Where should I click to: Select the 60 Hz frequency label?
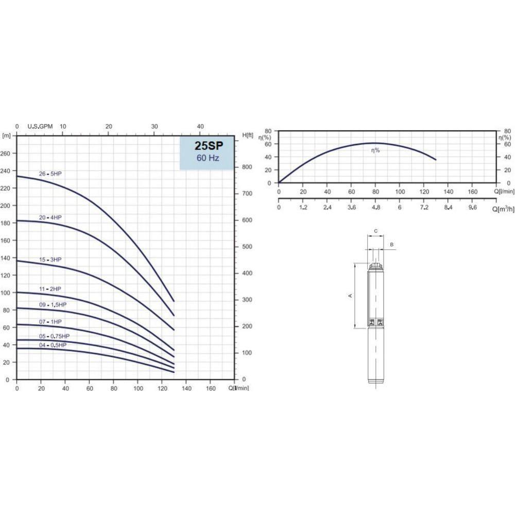208,158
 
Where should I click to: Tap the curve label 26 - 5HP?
54,173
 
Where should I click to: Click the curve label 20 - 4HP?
54,217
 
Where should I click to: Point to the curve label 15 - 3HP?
50,260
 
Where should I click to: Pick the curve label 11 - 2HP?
50,289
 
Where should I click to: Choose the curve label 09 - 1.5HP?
53,305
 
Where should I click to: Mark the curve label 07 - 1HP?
50,322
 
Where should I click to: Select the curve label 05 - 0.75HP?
55,336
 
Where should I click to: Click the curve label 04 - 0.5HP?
53,345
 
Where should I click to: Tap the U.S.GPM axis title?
40,127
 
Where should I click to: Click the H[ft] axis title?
248,135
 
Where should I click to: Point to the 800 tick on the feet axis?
248,167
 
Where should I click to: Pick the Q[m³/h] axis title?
503,209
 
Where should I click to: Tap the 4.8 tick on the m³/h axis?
375,208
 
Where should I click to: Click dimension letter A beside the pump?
350,296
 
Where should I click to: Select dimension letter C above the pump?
376,231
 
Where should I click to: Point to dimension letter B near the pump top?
392,244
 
